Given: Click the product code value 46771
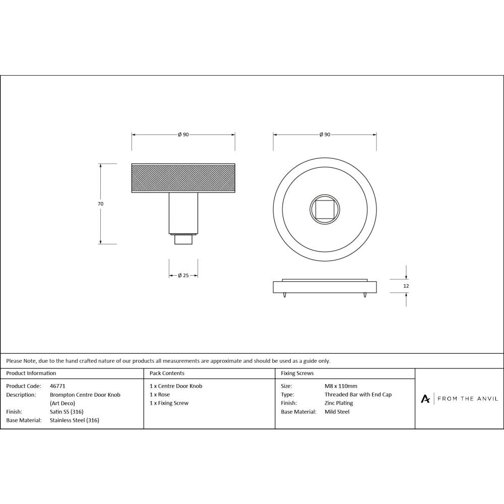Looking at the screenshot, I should click(x=58, y=386).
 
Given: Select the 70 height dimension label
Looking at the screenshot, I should click(x=100, y=204).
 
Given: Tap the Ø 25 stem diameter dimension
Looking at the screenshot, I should click(x=183, y=275).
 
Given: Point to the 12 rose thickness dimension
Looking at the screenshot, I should click(x=406, y=286).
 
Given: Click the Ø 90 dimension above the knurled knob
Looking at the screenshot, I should click(x=183, y=135).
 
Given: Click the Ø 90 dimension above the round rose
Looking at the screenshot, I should click(x=325, y=135).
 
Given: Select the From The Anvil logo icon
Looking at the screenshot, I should click(x=425, y=399).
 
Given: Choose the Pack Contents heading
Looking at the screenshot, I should click(x=167, y=373).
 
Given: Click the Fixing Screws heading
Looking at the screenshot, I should click(x=297, y=373).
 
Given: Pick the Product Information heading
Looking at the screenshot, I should click(x=31, y=373).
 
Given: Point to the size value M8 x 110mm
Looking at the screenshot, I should click(x=341, y=386).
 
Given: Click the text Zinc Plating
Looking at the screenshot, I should click(x=339, y=403).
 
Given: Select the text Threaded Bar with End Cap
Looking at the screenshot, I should click(x=358, y=395).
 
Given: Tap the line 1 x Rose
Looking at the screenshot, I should click(x=160, y=395).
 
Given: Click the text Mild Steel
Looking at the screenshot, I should click(x=337, y=412).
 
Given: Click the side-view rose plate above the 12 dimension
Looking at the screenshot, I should click(x=325, y=287).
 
